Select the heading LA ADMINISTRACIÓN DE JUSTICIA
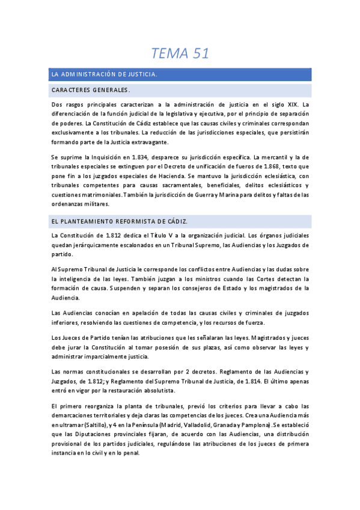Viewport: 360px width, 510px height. pyautogui.click(x=105, y=75)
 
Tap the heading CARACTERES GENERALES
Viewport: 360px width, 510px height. pyautogui.click(x=91, y=90)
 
